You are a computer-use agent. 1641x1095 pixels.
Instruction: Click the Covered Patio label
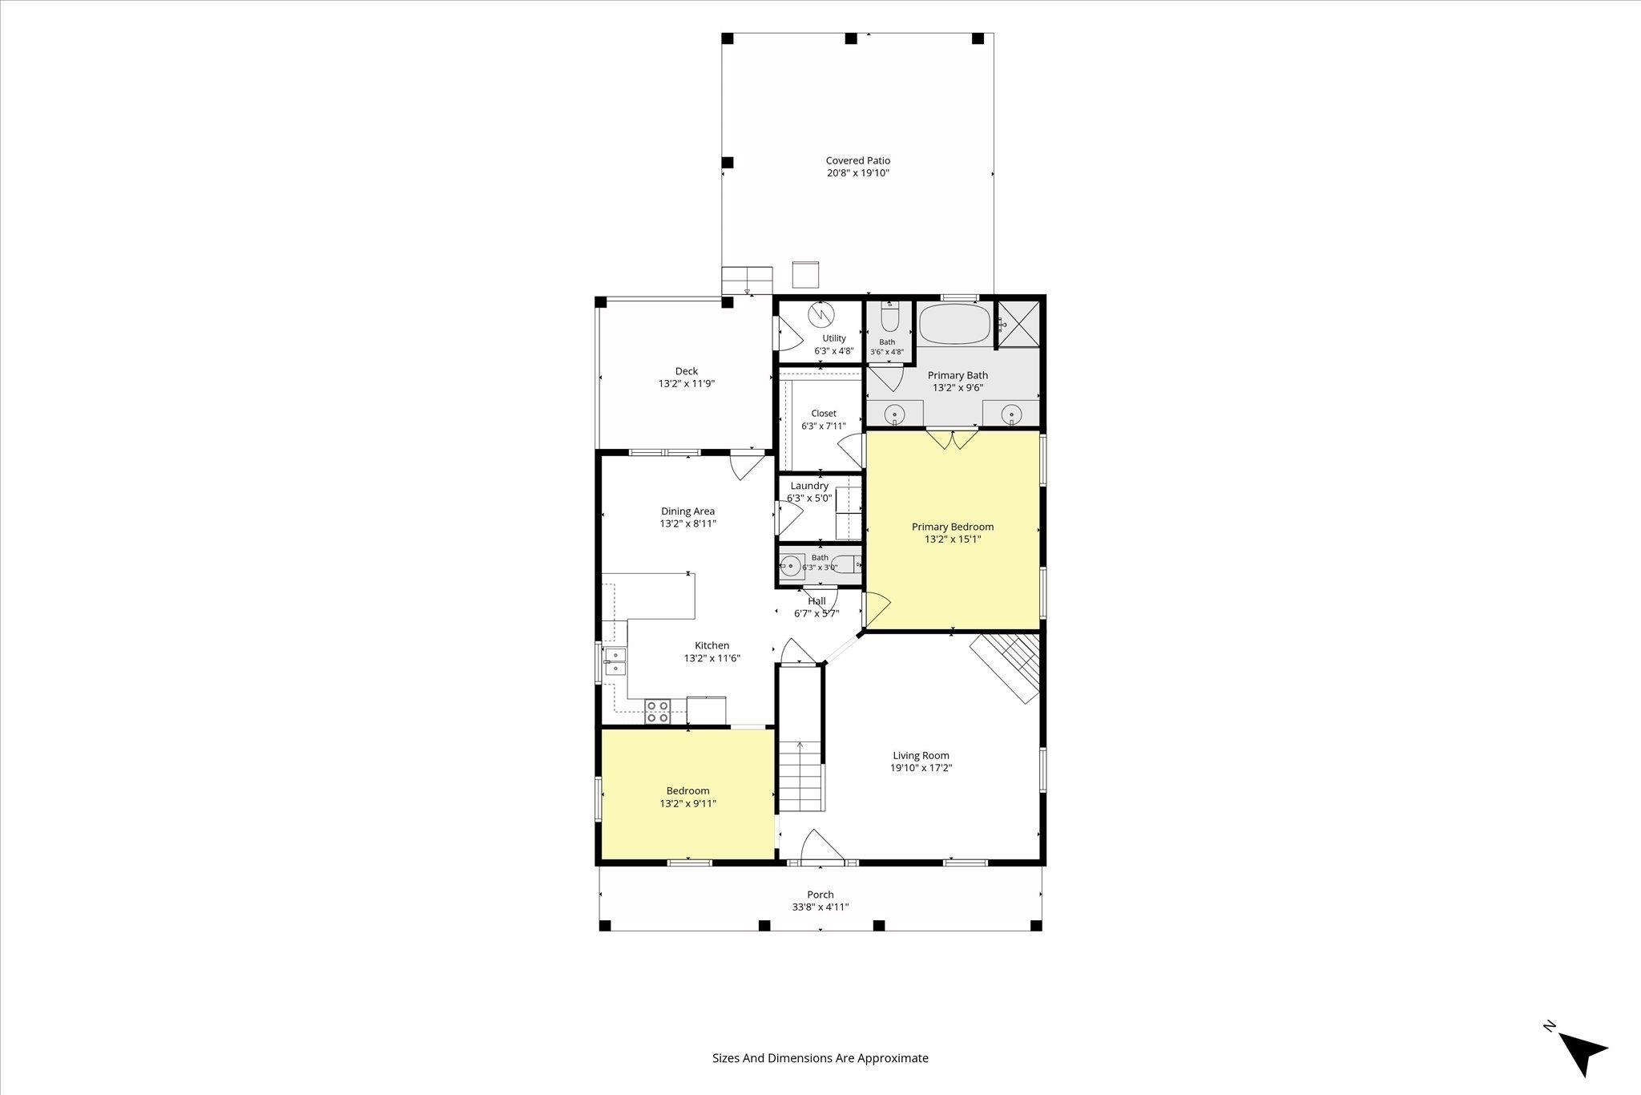coord(858,160)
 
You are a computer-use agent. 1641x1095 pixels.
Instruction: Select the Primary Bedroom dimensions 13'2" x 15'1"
coord(953,539)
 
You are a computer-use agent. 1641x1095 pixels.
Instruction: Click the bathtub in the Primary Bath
coord(954,324)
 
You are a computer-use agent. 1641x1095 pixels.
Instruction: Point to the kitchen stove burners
coord(658,712)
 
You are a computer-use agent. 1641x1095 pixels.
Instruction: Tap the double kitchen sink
coord(615,662)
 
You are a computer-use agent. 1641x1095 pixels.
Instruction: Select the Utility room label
coord(834,338)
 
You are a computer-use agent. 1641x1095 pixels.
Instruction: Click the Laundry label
coord(809,486)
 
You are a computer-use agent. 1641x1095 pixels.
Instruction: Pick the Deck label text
coord(687,371)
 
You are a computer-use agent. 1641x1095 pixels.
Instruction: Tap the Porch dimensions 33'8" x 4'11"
coord(820,907)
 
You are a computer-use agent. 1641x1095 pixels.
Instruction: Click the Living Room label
coord(921,755)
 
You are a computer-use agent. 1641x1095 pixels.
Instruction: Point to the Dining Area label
coord(687,511)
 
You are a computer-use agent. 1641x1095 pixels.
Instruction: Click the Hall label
coord(816,601)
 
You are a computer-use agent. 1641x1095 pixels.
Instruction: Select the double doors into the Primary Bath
coord(953,440)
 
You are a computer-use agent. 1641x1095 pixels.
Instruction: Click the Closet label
coord(824,414)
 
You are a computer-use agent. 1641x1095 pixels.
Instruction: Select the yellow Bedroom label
coord(687,791)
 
